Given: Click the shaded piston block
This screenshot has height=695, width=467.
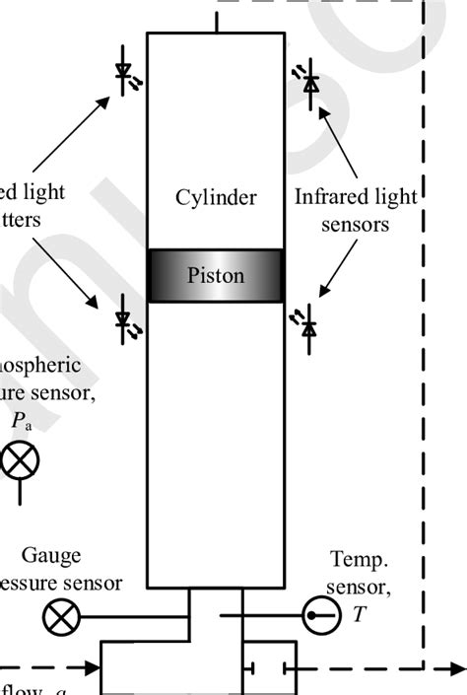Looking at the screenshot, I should click(x=216, y=275).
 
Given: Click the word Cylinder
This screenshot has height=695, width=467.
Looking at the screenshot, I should click(x=216, y=198).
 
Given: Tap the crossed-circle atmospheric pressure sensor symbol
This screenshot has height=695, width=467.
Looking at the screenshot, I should click(x=18, y=460).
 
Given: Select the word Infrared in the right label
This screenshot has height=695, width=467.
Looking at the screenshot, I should click(x=331, y=198).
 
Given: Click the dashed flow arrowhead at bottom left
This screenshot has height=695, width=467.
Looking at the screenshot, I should click(x=95, y=667).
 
